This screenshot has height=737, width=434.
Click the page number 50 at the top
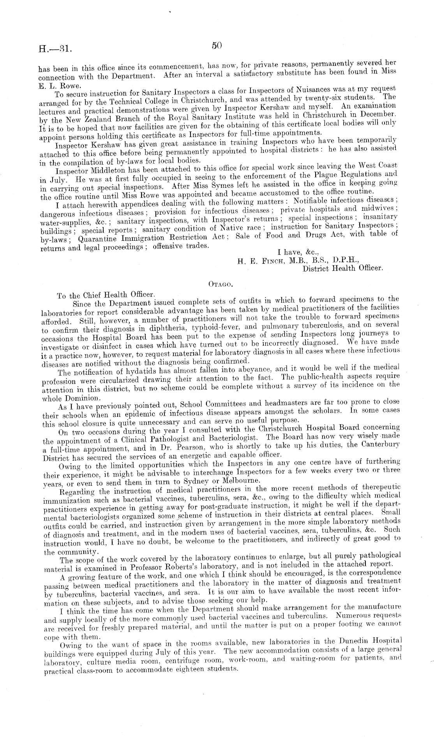[x=217, y=45]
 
